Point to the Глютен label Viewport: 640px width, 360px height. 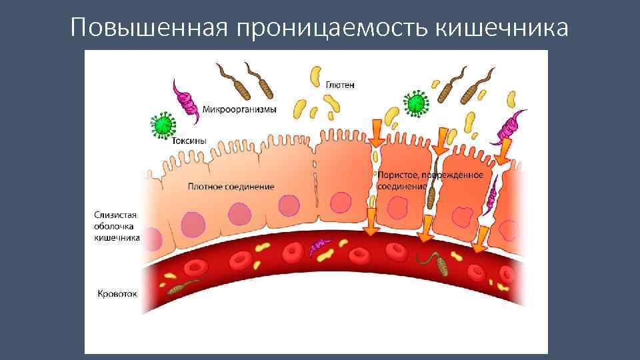click(340, 85)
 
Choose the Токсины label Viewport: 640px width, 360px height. click(189, 141)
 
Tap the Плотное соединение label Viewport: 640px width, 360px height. click(231, 187)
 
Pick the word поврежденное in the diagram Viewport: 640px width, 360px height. click(460, 175)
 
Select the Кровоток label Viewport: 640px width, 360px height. click(117, 293)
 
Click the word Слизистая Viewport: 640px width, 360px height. click(115, 215)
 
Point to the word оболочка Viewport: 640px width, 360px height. click(114, 226)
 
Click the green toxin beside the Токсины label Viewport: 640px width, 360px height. click(161, 124)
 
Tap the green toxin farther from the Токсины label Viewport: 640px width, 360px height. click(416, 103)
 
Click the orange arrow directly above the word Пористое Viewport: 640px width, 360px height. click(377, 133)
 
